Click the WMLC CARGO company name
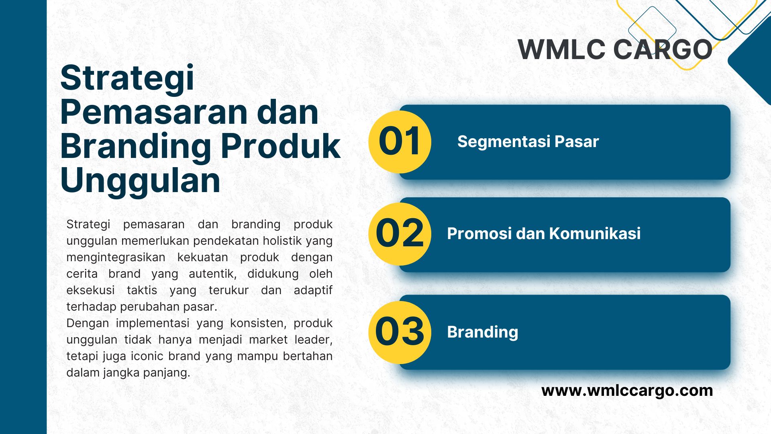pos(615,50)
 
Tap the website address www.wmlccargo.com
pos(627,391)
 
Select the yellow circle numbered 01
pos(400,142)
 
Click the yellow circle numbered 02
pos(400,234)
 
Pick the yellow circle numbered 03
pos(400,332)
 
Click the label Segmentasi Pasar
pos(528,142)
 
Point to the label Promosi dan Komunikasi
pos(544,233)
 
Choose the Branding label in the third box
pos(483,332)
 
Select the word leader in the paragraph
pos(314,340)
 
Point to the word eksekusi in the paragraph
pos(90,290)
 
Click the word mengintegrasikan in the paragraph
pos(116,258)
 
